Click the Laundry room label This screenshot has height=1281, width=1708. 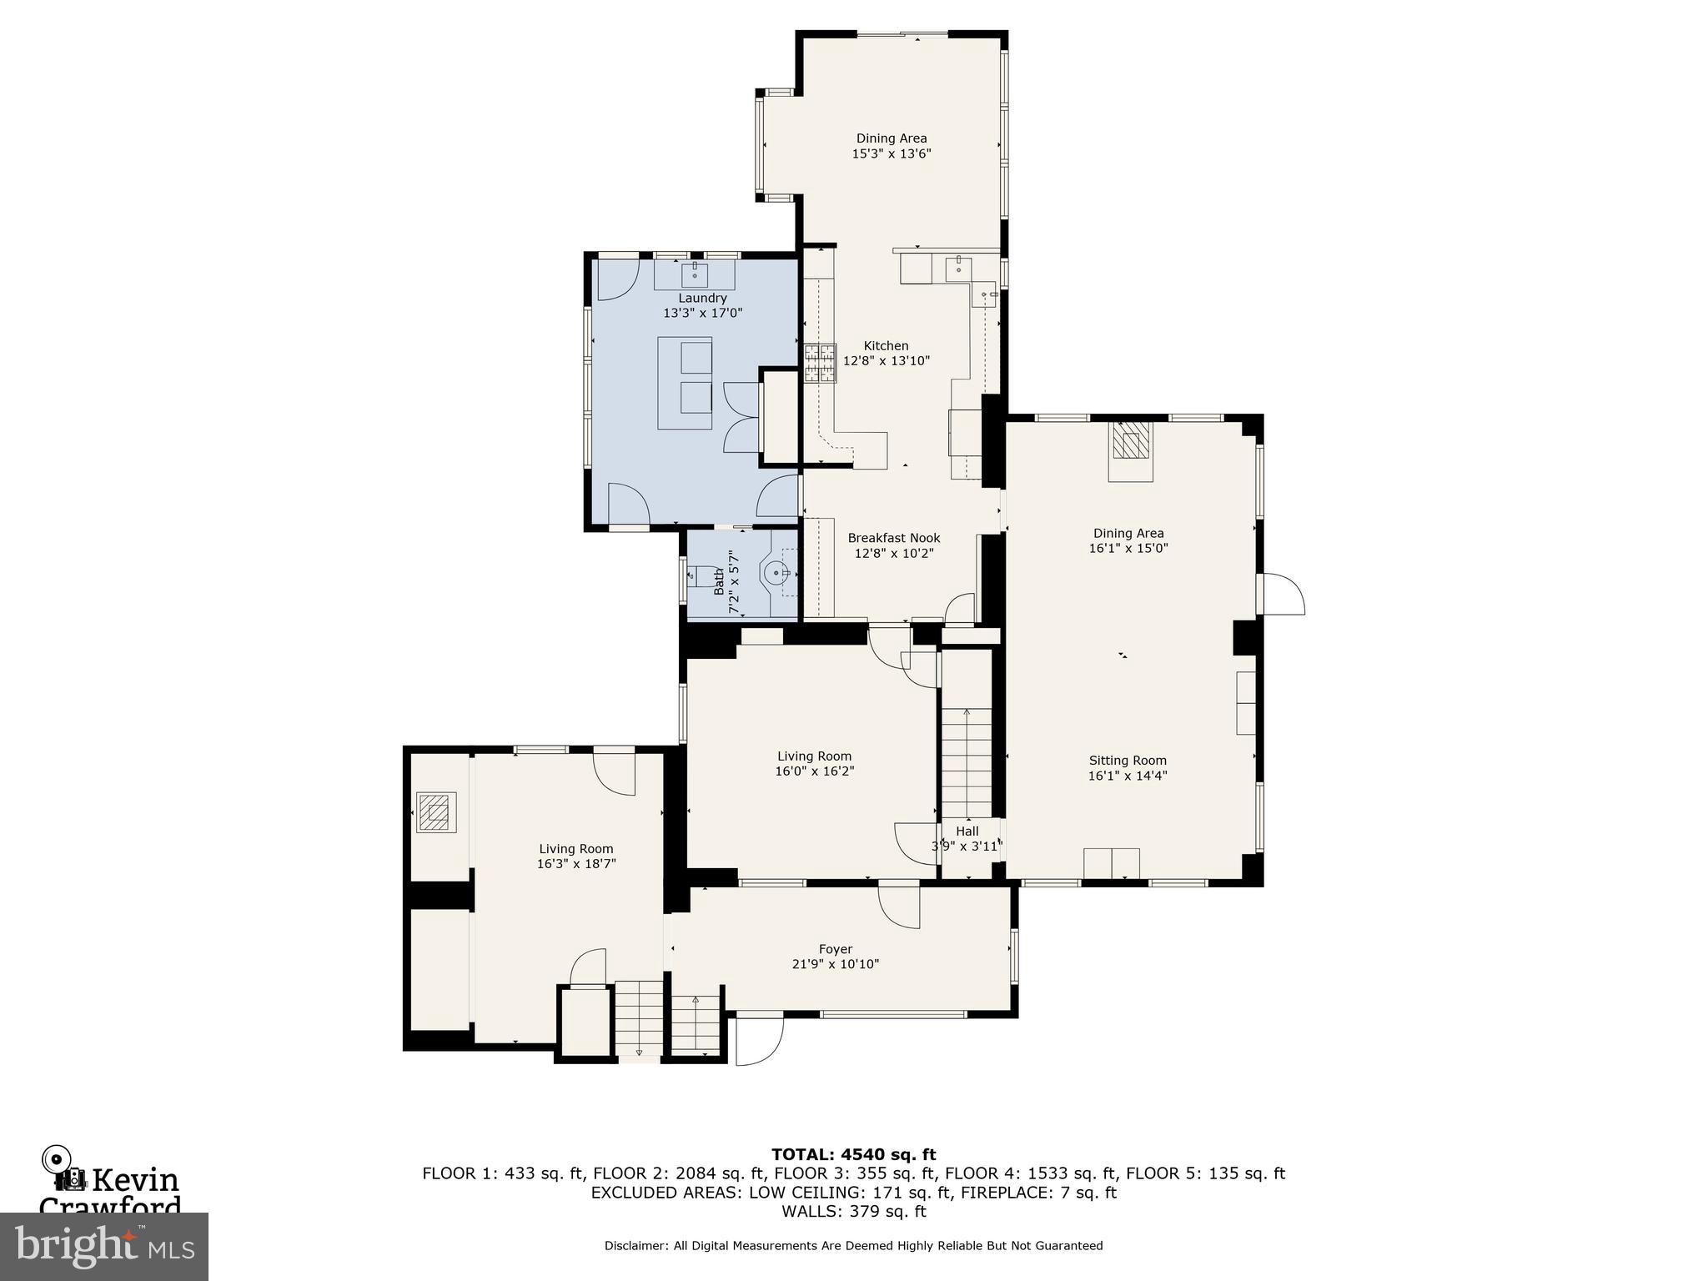click(702, 298)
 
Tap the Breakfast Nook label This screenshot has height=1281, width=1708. click(893, 538)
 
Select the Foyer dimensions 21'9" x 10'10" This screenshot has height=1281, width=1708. click(835, 964)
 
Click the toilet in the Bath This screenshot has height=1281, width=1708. click(705, 575)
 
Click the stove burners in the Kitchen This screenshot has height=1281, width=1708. click(820, 364)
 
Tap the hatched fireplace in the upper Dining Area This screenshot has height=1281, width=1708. click(1131, 443)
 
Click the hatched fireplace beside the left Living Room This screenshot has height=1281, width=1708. click(433, 811)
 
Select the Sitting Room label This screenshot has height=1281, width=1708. click(1127, 760)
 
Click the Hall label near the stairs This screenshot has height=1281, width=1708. click(967, 831)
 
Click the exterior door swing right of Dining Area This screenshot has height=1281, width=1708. click(1284, 594)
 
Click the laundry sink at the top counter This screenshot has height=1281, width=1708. click(695, 273)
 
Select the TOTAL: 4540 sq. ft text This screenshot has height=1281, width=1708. click(853, 1154)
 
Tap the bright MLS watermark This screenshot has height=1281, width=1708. click(103, 1247)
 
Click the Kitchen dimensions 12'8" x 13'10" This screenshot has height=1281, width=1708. click(886, 360)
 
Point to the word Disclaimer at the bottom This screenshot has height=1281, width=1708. click(635, 1245)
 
